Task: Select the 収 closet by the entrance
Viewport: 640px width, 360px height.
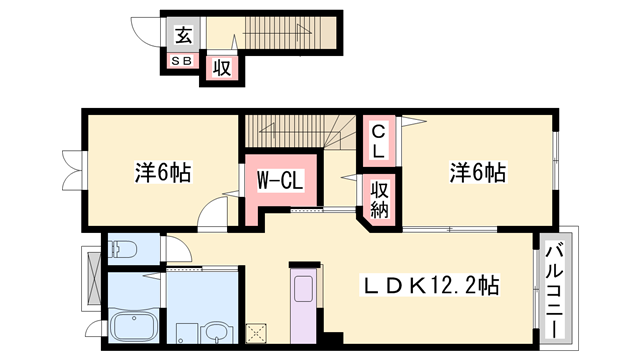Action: (219, 69)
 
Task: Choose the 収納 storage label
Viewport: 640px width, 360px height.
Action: (381, 198)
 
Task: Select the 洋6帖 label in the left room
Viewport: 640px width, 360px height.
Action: (163, 172)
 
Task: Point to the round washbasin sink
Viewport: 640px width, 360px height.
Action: (216, 329)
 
